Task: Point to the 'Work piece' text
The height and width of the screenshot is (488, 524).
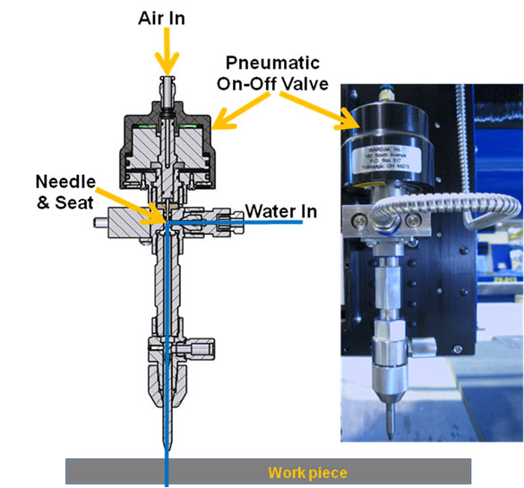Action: [x=307, y=472]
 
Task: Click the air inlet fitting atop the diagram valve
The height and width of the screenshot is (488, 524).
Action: [x=166, y=90]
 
